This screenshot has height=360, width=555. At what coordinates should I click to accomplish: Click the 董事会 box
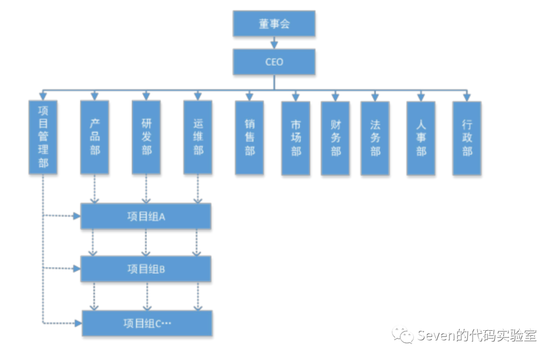tap(273, 24)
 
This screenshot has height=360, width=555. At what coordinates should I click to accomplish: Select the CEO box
tap(273, 62)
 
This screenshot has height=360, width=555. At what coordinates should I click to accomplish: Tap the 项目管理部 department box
tap(43, 137)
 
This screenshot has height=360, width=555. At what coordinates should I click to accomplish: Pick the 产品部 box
tap(95, 137)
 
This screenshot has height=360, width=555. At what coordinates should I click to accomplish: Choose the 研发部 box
tap(146, 137)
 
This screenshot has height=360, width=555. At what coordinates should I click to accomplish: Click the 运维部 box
tap(198, 137)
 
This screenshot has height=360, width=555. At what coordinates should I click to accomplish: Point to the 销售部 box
tap(249, 138)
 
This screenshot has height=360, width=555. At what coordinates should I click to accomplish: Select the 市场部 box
tap(295, 138)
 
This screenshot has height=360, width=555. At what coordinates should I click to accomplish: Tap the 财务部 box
tap(335, 138)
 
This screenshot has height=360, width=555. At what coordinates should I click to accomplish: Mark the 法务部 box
tap(375, 138)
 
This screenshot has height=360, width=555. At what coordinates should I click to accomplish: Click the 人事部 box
tap(421, 138)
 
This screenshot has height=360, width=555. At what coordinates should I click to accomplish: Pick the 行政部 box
tap(467, 138)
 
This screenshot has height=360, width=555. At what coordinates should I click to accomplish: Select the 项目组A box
tap(146, 216)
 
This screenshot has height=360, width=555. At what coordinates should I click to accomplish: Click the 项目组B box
tap(146, 269)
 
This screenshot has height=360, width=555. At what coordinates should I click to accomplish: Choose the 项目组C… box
tap(147, 323)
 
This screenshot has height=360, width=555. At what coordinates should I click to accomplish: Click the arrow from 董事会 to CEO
tap(273, 43)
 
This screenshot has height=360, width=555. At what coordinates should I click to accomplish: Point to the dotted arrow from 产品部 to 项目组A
tap(95, 188)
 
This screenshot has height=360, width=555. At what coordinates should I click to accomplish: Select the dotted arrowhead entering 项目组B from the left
tap(77, 269)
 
